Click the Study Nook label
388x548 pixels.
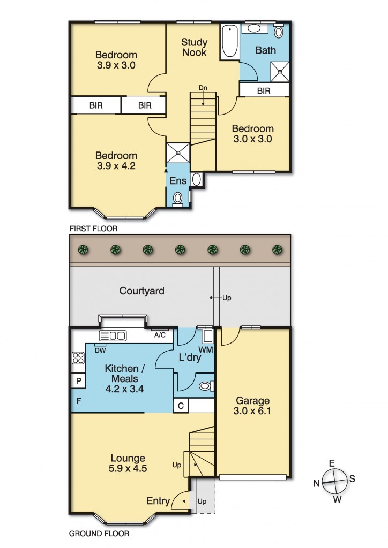pyautogui.click(x=194, y=48)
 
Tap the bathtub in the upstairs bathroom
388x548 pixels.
pyautogui.click(x=230, y=41)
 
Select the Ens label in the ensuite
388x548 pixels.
pyautogui.click(x=178, y=180)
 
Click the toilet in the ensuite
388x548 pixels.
pyautogui.click(x=178, y=199)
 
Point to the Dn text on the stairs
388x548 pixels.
pyautogui.click(x=203, y=88)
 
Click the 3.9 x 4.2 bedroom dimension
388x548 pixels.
pyautogui.click(x=116, y=166)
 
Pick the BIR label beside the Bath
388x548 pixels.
pyautogui.click(x=264, y=91)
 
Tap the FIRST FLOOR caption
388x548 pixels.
pyautogui.click(x=93, y=229)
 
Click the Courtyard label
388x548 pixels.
pyautogui.click(x=141, y=291)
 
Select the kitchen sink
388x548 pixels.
pyautogui.click(x=113, y=336)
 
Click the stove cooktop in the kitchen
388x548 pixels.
pyautogui.click(x=78, y=358)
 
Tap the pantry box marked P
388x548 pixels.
pyautogui.click(x=78, y=381)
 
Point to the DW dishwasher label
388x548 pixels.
pyautogui.click(x=100, y=351)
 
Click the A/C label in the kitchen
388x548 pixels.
pyautogui.click(x=160, y=335)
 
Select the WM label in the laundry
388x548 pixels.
pyautogui.click(x=206, y=349)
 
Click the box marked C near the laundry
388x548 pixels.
pyautogui.click(x=181, y=406)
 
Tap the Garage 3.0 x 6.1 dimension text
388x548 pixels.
pyautogui.click(x=252, y=410)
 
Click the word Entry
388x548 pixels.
pyautogui.click(x=158, y=501)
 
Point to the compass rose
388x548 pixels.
pyautogui.click(x=335, y=482)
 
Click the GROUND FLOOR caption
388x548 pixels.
pyautogui.click(x=99, y=534)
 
